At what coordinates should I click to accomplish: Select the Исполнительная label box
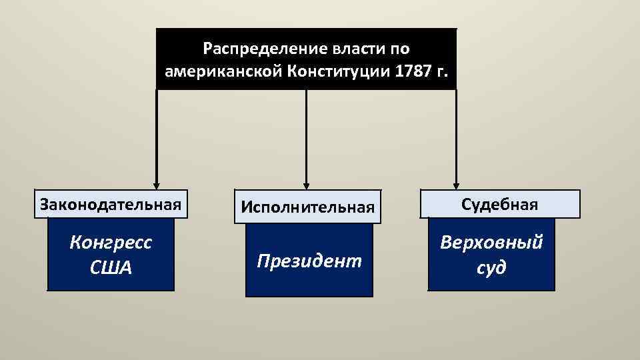(x=307, y=207)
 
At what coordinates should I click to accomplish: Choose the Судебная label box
(x=500, y=204)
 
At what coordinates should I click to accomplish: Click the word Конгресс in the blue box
(x=111, y=243)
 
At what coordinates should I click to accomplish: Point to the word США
(x=111, y=267)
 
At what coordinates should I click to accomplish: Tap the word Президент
(x=309, y=260)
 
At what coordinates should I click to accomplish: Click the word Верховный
(x=491, y=243)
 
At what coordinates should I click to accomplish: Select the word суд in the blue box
(x=491, y=267)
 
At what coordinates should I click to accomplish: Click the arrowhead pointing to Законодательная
(x=156, y=186)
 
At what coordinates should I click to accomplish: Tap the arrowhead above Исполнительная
(x=307, y=186)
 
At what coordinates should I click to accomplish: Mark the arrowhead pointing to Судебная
(x=457, y=186)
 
